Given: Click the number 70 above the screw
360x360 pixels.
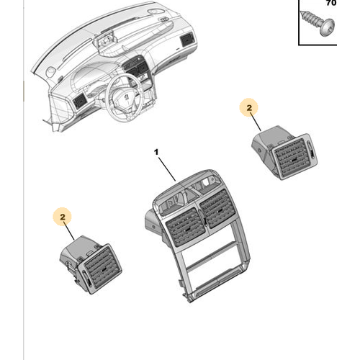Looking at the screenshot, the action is (x=331, y=3).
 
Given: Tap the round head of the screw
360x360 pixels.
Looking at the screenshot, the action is (x=328, y=27).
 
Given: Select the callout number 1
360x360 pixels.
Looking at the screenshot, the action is (x=156, y=152).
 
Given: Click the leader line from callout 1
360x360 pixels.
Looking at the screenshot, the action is (x=167, y=169).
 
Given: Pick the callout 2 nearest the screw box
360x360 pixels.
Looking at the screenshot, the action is (x=249, y=108).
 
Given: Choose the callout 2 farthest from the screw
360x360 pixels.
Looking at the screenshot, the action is (x=63, y=217).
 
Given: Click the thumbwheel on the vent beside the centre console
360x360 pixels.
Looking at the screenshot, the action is (x=86, y=279).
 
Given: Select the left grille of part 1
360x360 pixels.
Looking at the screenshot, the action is (x=185, y=228).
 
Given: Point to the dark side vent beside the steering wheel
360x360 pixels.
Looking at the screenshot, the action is (x=79, y=101).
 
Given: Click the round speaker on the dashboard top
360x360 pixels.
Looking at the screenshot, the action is (x=51, y=72).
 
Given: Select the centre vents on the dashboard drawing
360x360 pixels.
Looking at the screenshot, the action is (x=135, y=66).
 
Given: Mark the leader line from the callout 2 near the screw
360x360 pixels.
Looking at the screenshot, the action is (x=256, y=122).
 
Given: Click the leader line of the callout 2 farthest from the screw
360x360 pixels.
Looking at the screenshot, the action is (x=69, y=231).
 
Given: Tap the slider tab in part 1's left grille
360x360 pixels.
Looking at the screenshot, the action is (x=187, y=230).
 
